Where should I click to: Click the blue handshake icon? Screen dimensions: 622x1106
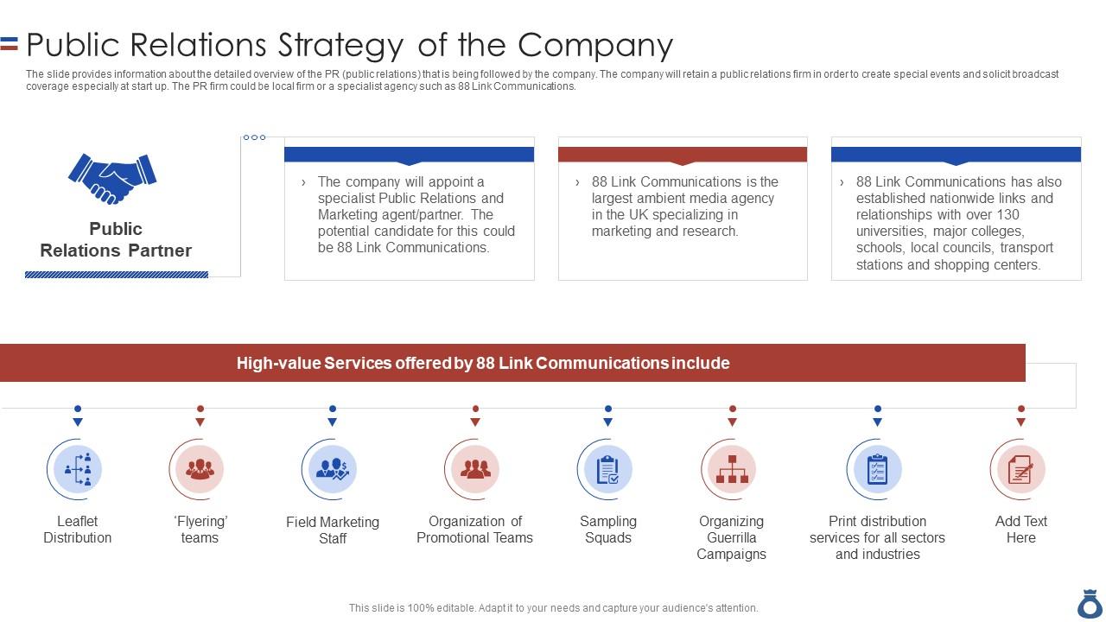(112, 178)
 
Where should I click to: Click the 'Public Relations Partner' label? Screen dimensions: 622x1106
(116, 239)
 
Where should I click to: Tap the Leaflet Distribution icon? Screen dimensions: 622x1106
(78, 469)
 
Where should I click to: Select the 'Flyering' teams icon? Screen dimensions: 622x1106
(200, 469)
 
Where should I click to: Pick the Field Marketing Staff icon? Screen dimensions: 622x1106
(333, 469)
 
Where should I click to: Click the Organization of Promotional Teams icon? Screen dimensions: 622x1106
(475, 469)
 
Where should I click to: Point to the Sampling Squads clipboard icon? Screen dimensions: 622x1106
(608, 469)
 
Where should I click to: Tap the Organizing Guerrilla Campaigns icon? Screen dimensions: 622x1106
(732, 469)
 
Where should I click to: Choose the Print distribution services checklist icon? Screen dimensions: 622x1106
(877, 469)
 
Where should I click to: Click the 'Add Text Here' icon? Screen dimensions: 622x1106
(1020, 469)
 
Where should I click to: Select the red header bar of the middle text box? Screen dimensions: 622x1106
(683, 154)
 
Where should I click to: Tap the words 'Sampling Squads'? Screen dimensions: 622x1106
(608, 530)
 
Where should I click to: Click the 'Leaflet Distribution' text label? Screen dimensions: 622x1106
(78, 530)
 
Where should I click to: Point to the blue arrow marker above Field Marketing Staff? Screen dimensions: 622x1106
(333, 422)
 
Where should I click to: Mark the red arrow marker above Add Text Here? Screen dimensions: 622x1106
(1020, 422)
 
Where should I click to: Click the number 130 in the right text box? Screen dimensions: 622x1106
(1007, 215)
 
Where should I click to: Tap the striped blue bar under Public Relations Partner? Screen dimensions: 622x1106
(117, 275)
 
